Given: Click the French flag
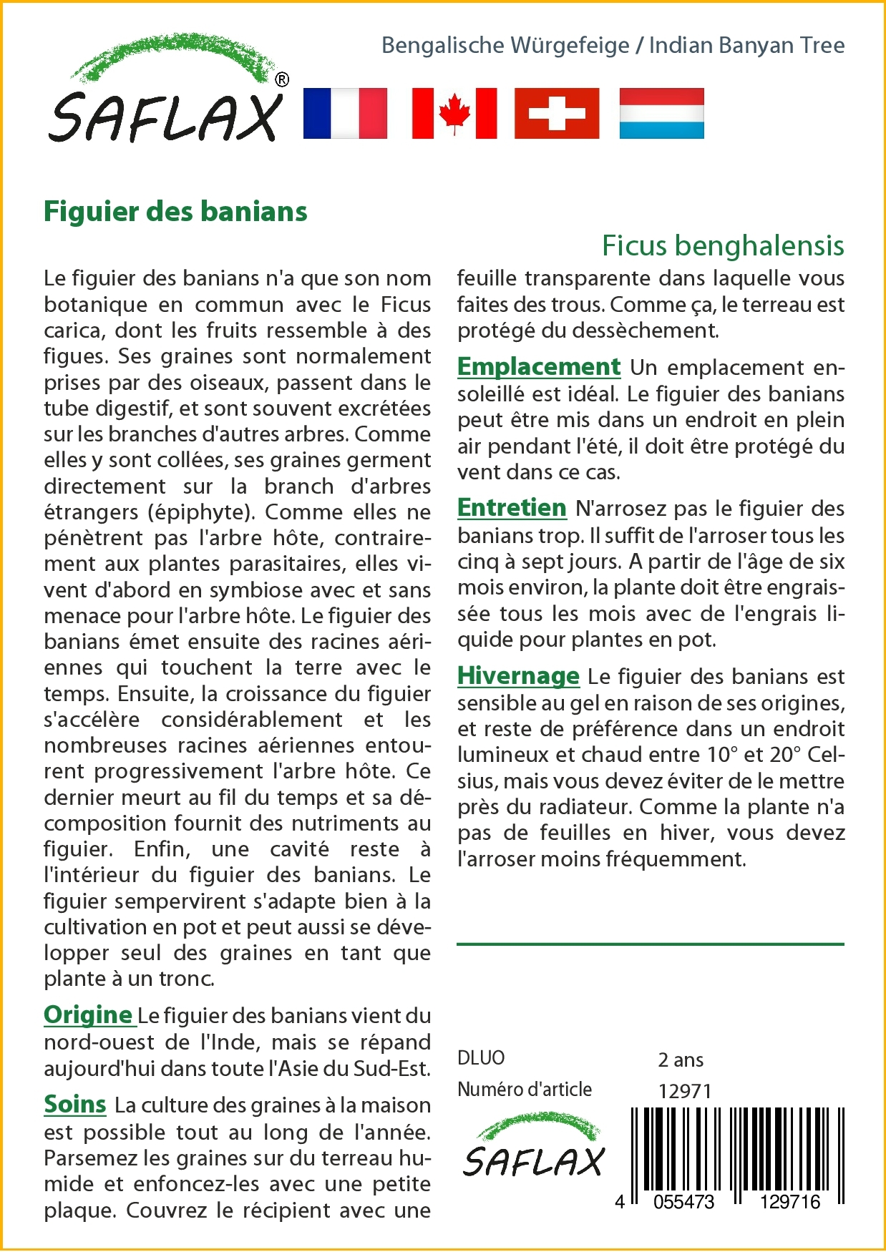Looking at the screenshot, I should coord(345,113).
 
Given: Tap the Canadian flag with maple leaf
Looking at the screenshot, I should coord(454,113).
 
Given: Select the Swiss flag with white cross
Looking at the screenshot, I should coord(557,113).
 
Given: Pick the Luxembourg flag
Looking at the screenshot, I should coord(661,113).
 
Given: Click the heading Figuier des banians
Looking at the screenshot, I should coord(175,212).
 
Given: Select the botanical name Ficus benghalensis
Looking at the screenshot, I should coord(723,245).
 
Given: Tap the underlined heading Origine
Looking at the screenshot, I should coord(88,1014).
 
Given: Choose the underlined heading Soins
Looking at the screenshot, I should coord(75,1104).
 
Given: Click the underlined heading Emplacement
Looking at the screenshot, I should coord(539,366).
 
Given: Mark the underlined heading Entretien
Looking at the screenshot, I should coord(512,507).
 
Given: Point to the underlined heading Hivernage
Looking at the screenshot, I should coord(518,675).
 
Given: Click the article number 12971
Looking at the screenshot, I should coord(685,1091).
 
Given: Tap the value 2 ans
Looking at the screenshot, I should coord(681,1060).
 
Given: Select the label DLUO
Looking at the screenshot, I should coord(481,1058).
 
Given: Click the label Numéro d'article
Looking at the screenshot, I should coord(525,1090).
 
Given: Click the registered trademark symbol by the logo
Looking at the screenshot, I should coord(282,80).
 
